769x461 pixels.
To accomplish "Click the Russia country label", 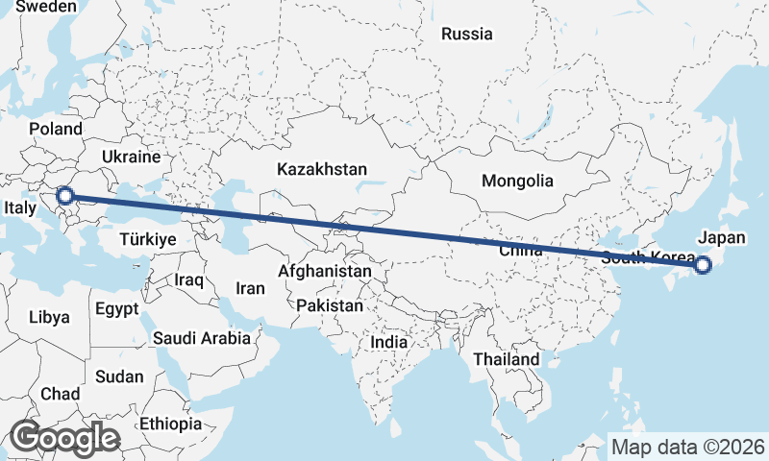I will coord(467,35).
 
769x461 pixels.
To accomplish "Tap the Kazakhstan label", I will coord(321,169).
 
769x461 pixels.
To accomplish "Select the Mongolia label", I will coord(517,181).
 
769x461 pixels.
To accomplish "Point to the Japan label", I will coord(722,237).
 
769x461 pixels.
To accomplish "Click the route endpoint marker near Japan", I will coord(702,265).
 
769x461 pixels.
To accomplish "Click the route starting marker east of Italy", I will coord(65,196).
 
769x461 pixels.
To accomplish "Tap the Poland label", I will coord(56,129).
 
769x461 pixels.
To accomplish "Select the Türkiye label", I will coord(148,239).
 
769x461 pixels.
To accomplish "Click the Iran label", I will coord(250,287).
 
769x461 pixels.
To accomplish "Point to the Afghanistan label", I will coord(324,272).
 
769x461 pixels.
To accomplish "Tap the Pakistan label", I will coord(330,305).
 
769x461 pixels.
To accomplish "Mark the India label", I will coord(389,342).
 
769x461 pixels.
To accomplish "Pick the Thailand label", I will coord(506,358).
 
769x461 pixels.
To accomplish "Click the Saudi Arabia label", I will coord(201,338).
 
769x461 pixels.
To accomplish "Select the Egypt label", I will coord(116,309).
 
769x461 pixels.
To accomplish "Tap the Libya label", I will coord(49,316).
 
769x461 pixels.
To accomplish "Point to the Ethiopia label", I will coord(170,423).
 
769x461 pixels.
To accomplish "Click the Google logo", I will coord(64,438).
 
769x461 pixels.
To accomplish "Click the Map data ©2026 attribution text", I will coord(688,447).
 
